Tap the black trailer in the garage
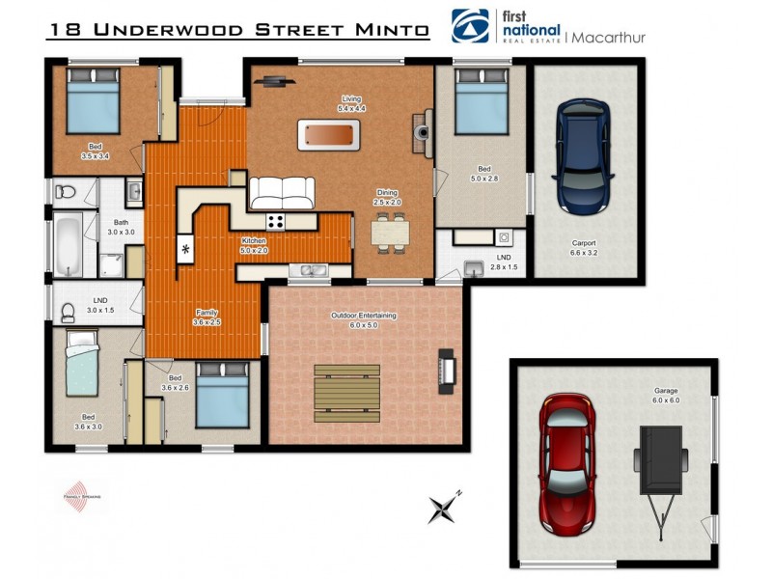[662, 463]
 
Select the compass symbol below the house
[446, 506]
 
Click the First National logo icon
[470, 26]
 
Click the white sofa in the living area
[282, 193]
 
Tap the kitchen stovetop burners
[276, 222]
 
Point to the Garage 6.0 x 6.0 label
[666, 397]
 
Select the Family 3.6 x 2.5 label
[207, 317]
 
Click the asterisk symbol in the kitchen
[184, 250]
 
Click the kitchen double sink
[312, 270]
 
